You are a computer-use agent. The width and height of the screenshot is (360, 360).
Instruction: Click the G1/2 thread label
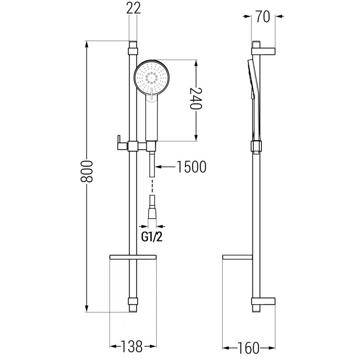coord(152,237)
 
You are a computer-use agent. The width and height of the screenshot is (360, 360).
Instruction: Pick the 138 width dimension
coord(132,346)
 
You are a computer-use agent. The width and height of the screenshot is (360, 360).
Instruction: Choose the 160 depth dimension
coord(248,347)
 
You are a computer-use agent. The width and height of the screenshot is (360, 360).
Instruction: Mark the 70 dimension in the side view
coord(264,17)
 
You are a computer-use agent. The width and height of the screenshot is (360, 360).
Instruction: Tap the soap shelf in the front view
coord(132,258)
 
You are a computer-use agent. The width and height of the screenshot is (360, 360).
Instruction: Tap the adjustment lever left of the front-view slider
coord(120,141)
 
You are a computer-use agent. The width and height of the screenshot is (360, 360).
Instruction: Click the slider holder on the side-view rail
coord(255,146)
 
